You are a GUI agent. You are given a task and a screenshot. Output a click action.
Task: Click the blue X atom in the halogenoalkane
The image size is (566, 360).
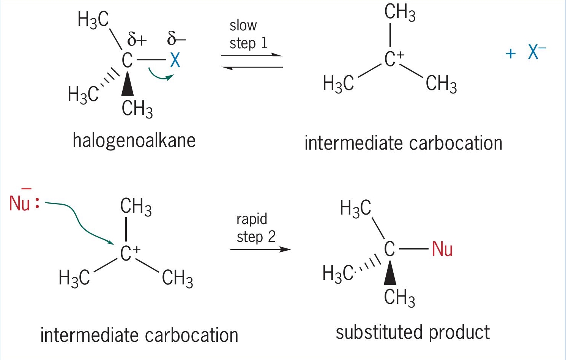pos(175,60)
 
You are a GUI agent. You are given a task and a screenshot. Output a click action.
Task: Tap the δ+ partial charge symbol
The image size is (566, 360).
pos(137,39)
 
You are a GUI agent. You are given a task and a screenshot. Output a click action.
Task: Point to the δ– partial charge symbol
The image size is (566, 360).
pos(177,38)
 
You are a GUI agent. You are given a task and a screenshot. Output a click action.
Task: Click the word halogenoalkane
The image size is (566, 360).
pos(134,141)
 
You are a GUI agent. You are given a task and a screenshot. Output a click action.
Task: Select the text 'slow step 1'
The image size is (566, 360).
pos(248,35)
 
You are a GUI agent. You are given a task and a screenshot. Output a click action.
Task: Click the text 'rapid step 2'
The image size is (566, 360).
pos(256,228)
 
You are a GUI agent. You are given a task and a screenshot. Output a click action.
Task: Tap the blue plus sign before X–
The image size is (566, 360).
pos(511,54)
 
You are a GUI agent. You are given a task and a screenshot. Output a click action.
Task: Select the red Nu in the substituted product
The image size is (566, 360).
pos(442,249)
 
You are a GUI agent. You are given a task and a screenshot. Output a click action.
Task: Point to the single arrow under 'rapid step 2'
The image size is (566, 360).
pos(260,249)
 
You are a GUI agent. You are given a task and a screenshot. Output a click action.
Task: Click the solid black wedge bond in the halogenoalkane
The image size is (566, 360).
pos(128,84)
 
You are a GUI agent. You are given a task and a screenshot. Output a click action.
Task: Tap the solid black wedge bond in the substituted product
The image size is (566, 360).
pos(390,273)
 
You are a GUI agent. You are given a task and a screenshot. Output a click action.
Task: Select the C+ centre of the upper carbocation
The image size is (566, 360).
pos(394,59)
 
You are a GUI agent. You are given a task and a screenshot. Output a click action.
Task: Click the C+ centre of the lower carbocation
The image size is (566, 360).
pos(130,253)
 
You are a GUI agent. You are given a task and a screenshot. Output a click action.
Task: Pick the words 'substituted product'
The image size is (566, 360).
pos(413,332)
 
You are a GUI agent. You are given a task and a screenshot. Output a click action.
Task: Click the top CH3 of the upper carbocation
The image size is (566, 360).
pos(400,13)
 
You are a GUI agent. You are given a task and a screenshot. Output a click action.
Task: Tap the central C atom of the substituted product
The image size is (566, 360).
pos(389,249)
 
